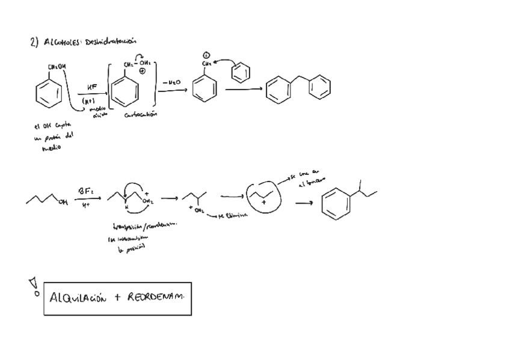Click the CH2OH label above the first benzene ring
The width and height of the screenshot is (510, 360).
click(x=58, y=67)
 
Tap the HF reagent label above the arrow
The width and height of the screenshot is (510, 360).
click(x=92, y=87)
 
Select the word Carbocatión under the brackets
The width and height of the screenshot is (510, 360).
click(x=141, y=114)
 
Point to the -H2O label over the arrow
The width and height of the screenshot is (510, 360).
click(x=171, y=82)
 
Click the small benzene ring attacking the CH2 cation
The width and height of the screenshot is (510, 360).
click(x=241, y=73)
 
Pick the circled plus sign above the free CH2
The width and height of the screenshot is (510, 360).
click(x=206, y=55)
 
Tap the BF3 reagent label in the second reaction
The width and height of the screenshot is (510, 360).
click(x=85, y=191)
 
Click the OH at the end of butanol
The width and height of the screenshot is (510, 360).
click(x=63, y=203)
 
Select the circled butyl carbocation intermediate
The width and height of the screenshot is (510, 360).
click(x=263, y=196)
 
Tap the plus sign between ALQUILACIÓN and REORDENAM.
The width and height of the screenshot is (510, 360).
click(x=117, y=297)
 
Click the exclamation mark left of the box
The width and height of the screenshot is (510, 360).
click(x=34, y=285)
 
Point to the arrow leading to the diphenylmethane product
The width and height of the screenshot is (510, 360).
click(x=244, y=90)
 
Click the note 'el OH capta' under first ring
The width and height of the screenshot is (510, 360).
click(x=53, y=126)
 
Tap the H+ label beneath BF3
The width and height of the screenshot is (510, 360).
click(x=86, y=205)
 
